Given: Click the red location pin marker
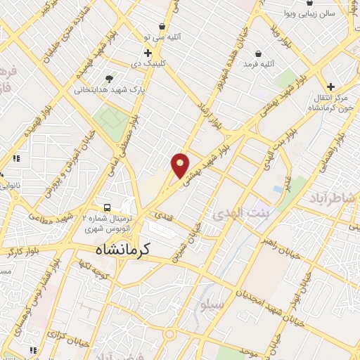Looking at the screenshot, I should point(181,165).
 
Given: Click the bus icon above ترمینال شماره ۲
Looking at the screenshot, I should point(107,207).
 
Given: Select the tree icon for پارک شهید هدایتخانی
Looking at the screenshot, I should point(108,79).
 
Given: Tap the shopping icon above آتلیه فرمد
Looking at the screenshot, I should point(259,53).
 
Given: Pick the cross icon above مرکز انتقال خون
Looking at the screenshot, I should point(330,86).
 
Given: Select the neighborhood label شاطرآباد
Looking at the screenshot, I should point(333,199).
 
